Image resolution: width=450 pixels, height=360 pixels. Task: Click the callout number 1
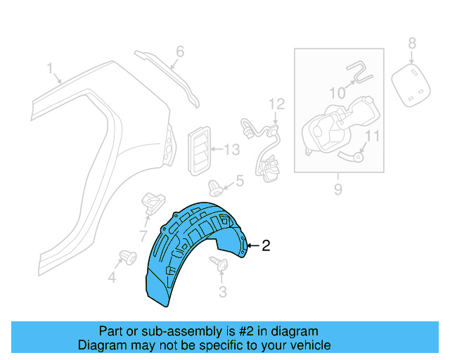[50, 68]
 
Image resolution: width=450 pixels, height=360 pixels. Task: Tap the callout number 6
[179, 51]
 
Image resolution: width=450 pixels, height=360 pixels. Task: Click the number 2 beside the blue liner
[265, 246]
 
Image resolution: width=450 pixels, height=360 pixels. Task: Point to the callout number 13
[231, 149]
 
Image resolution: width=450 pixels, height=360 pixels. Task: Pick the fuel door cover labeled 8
[411, 84]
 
